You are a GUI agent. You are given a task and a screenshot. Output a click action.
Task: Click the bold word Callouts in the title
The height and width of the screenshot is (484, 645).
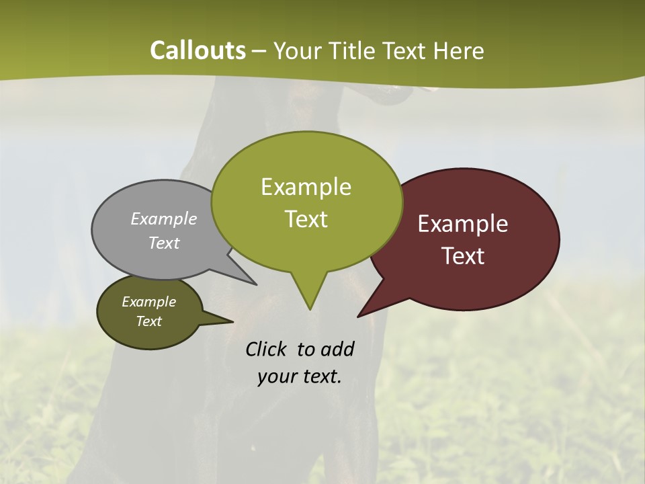tap(198, 50)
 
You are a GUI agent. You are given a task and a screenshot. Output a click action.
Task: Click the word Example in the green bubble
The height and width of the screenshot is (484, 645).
tap(306, 186)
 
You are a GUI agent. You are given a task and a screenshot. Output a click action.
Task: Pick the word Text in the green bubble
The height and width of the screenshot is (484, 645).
tap(306, 218)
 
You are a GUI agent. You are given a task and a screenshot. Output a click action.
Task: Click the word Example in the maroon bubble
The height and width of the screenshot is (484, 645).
tap(463, 224)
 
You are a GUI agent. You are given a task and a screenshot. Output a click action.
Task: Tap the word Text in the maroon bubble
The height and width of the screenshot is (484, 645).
tap(463, 256)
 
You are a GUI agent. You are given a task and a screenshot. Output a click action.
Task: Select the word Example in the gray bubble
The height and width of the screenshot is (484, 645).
tap(163, 218)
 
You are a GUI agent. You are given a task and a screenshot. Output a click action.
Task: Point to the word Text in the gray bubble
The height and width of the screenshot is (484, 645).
tap(163, 243)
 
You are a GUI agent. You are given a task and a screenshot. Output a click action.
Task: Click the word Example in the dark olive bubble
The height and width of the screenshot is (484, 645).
tap(148, 302)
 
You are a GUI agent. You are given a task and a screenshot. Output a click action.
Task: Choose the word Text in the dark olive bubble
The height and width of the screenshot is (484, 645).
tap(148, 321)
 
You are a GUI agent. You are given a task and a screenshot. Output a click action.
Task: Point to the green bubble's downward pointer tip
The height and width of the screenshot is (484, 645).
tap(310, 309)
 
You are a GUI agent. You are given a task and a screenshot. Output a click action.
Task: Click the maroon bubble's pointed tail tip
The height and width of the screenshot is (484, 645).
tap(358, 317)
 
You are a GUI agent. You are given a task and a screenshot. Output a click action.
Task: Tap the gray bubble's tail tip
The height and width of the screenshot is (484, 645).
tap(256, 284)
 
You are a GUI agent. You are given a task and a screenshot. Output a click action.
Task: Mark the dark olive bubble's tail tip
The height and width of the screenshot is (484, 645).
tap(232, 321)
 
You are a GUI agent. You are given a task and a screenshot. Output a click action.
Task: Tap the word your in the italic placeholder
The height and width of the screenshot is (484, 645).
tap(274, 376)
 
